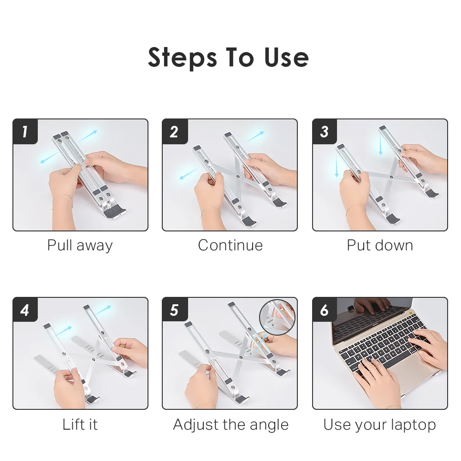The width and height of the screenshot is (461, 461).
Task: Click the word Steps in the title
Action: pos(182,58)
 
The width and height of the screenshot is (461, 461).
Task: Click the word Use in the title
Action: pos(287,57)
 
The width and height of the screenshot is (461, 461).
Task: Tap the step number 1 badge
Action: pos(25,131)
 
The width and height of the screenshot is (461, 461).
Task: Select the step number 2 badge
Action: pos(175,131)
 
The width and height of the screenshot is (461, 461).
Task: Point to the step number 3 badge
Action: pos(325,131)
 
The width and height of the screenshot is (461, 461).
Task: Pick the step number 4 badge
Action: pos(25,310)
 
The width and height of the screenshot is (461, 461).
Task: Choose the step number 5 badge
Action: pos(175,310)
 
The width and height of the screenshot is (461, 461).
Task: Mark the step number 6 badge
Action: pos(325,310)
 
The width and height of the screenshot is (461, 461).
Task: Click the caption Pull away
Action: pos(80,246)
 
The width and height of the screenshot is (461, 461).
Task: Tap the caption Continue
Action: pos(230,245)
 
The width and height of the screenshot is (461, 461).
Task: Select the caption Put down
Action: pos(380,245)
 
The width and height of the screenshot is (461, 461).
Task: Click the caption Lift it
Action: pos(80,424)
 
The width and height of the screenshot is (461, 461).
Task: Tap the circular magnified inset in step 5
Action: pos(277,318)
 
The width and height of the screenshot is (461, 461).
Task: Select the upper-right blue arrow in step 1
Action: pos(87,136)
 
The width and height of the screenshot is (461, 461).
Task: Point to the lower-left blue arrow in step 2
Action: pos(189,173)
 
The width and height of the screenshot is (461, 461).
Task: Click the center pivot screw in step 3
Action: pos(391,177)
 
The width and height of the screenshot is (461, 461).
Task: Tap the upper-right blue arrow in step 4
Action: pos(103,310)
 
